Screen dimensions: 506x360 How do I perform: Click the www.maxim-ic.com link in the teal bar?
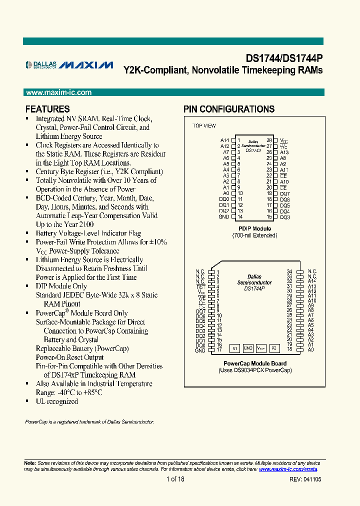click(58, 92)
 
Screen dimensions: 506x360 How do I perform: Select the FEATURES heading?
click(47, 109)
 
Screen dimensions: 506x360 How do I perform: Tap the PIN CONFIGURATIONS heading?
click(229, 109)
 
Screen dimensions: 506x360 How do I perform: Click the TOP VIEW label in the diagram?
click(204, 125)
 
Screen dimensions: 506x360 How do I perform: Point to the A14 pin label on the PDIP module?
click(224, 140)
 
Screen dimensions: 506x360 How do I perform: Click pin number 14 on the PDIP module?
click(240, 216)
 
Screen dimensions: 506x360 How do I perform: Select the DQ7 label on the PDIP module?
click(285, 193)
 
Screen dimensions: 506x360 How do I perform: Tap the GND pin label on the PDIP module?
click(223, 216)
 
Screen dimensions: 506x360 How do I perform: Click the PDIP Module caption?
click(254, 229)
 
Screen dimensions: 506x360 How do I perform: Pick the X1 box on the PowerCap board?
click(234, 347)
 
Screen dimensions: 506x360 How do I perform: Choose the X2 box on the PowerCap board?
click(273, 347)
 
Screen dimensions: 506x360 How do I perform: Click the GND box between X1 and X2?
click(248, 347)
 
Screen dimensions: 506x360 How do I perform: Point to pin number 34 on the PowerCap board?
click(289, 271)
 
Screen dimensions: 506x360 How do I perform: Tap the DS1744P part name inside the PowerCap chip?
click(254, 288)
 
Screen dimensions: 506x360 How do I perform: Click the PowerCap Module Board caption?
click(254, 363)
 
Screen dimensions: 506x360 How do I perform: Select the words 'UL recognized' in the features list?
click(56, 401)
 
